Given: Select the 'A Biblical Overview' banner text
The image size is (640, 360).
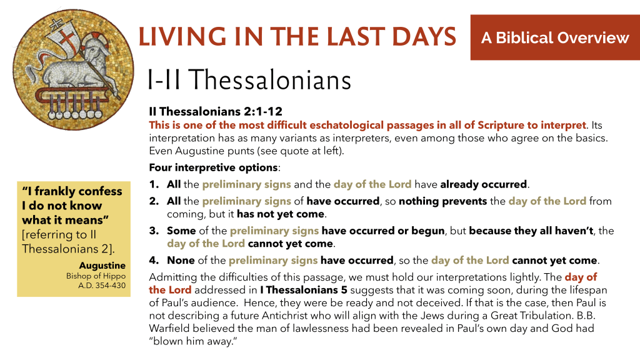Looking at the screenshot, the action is [555, 37].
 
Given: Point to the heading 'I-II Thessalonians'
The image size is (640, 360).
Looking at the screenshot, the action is [249, 79].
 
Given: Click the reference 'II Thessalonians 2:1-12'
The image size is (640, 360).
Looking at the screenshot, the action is [216, 111].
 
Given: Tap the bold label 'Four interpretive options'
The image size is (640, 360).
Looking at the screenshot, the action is [213, 167].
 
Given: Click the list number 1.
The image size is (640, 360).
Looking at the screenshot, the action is [154, 184].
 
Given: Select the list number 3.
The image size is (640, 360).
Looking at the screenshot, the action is [154, 231].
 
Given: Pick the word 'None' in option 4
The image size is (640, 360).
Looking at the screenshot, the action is [181, 261].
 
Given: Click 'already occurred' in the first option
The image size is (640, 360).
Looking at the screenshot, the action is [483, 184].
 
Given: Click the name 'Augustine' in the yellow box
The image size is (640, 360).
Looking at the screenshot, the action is [102, 265].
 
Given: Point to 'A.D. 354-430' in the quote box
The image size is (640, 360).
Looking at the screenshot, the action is [102, 286].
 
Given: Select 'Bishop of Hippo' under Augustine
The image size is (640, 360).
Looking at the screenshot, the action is [96, 276].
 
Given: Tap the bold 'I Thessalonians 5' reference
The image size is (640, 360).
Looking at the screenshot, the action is [304, 290].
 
